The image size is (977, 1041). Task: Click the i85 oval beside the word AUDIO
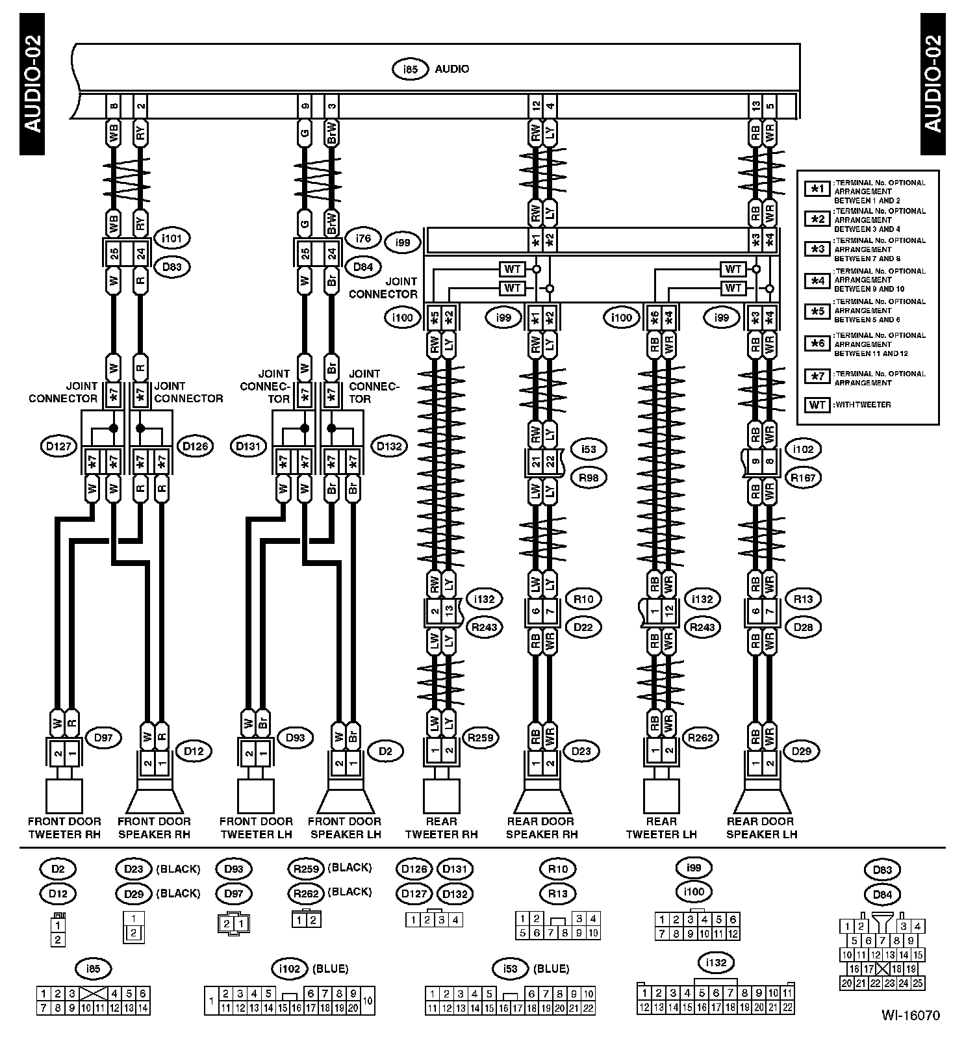pyautogui.click(x=409, y=69)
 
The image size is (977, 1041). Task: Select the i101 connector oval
pyautogui.click(x=172, y=238)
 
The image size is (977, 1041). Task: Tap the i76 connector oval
pyautogui.click(x=363, y=238)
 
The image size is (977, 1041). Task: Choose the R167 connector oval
pyautogui.click(x=803, y=478)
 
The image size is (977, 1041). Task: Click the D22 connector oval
pyautogui.click(x=583, y=627)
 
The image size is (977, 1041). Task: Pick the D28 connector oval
pyautogui.click(x=803, y=627)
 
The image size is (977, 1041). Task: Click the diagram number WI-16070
pyautogui.click(x=910, y=1015)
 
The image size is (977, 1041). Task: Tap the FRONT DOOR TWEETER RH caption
pyautogui.click(x=64, y=828)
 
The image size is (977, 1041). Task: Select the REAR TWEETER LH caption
pyautogui.click(x=661, y=828)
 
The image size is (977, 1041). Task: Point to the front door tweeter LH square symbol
pyautogui.click(x=256, y=796)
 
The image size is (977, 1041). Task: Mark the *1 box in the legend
pyautogui.click(x=817, y=189)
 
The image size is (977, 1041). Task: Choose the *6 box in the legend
pyautogui.click(x=817, y=342)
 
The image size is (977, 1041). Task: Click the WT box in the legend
pyautogui.click(x=817, y=405)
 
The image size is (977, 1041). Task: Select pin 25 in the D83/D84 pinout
pyautogui.click(x=917, y=983)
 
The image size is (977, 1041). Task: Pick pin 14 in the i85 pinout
pyautogui.click(x=143, y=1008)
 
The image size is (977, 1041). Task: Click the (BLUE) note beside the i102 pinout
pyautogui.click(x=330, y=969)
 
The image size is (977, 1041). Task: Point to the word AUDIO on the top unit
pyautogui.click(x=452, y=69)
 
